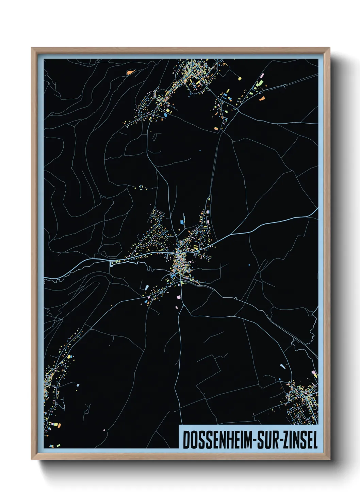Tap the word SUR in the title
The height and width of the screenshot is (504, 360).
tap(267, 440)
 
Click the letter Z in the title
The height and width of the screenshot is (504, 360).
tap(285, 440)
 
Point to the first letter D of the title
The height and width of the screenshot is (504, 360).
tap(186, 440)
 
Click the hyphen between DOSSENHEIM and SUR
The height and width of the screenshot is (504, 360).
tap(255, 441)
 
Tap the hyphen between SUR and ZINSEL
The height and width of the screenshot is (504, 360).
tap(280, 441)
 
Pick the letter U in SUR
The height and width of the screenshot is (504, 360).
tap(267, 440)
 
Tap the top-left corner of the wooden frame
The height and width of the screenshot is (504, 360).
tap(32, 48)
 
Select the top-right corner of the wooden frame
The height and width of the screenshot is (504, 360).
tap(329, 48)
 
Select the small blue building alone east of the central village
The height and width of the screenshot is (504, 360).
tap(249, 265)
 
